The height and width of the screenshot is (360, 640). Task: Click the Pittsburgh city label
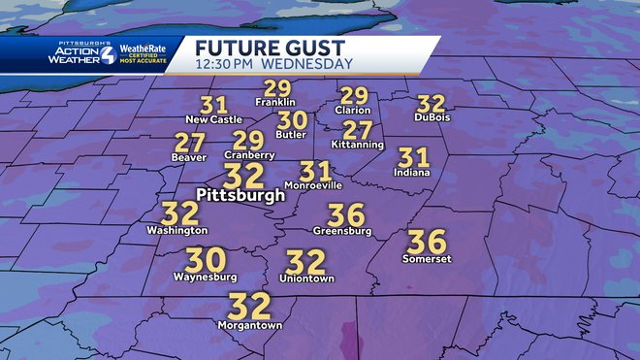pos(240,195)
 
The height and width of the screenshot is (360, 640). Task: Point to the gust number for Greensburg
pos(345,214)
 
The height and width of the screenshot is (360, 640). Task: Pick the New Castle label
pos(213,119)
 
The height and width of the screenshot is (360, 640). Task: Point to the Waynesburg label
pos(206,277)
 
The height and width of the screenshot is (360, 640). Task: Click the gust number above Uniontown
pos(306,262)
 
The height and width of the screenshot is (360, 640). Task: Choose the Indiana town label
pos(412,173)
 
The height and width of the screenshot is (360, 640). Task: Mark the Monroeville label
pos(313,184)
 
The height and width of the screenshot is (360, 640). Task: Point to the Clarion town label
pos(354,110)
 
